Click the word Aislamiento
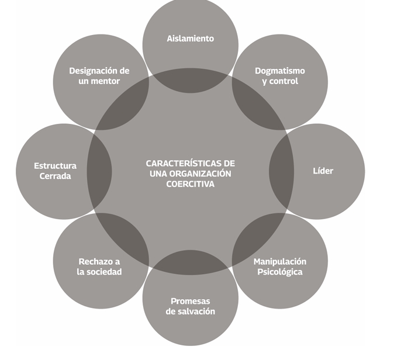tap(191, 39)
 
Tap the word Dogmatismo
tap(280, 71)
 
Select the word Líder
tap(323, 171)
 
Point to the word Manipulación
tap(280, 261)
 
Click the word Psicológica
tap(280, 272)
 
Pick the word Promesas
tap(191, 301)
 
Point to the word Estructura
tap(55, 165)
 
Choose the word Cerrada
tap(55, 176)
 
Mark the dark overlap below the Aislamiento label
tap(191, 80)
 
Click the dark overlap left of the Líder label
tap(281, 171)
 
